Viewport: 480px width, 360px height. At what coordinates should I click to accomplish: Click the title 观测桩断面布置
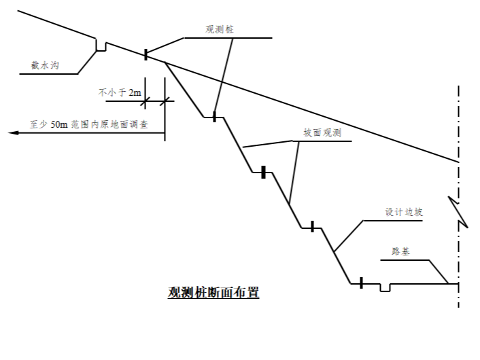coord(213,293)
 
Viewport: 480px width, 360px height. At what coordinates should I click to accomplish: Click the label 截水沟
coord(43,65)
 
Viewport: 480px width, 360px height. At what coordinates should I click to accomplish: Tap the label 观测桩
coord(220,30)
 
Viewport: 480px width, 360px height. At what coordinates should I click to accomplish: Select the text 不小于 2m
coord(120,92)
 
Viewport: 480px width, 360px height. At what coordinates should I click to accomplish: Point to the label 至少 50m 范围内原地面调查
coord(89,125)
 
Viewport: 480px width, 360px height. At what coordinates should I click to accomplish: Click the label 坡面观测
coord(322,133)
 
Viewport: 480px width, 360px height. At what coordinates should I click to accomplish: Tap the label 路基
coord(400,251)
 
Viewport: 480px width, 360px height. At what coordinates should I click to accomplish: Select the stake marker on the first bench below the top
coord(214,117)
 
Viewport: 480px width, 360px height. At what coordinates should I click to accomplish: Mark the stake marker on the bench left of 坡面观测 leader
coord(262,173)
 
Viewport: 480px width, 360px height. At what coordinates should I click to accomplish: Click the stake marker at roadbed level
coord(361,283)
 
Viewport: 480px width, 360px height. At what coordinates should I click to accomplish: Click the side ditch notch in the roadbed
coord(385,287)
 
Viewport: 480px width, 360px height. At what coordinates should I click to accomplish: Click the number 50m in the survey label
coord(58,125)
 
